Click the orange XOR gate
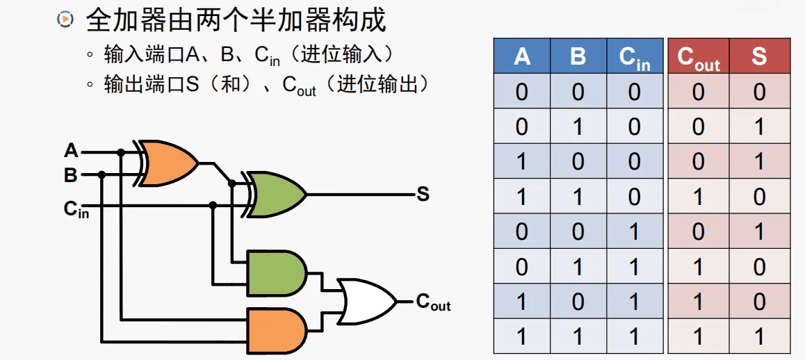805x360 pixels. [x=169, y=163]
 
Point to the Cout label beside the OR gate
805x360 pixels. [x=432, y=302]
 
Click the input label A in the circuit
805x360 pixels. [x=71, y=150]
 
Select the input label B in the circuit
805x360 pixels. [x=71, y=175]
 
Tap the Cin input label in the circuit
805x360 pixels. [x=76, y=208]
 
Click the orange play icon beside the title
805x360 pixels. [x=65, y=19]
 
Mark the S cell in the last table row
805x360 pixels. [x=758, y=336]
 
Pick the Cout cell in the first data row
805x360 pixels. [x=698, y=92]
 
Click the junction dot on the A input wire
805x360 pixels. [x=121, y=151]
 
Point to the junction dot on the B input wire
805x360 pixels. [x=102, y=175]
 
